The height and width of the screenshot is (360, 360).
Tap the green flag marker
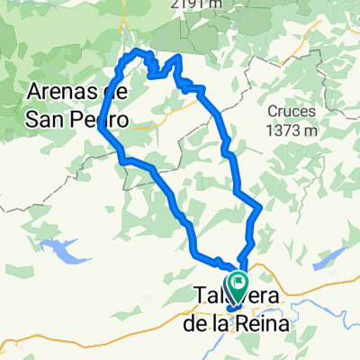238,285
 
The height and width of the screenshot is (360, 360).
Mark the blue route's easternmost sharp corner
260,208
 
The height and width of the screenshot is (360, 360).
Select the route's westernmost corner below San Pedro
97,130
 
